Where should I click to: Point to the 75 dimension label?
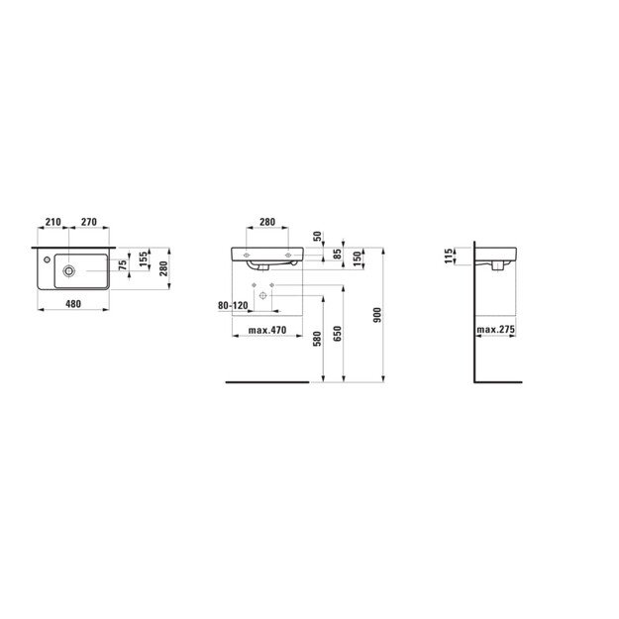123,265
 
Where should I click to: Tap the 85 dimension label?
339,255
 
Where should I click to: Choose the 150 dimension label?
357,258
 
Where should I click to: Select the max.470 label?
266,330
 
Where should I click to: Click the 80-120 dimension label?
233,306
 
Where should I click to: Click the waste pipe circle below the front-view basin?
264,298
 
